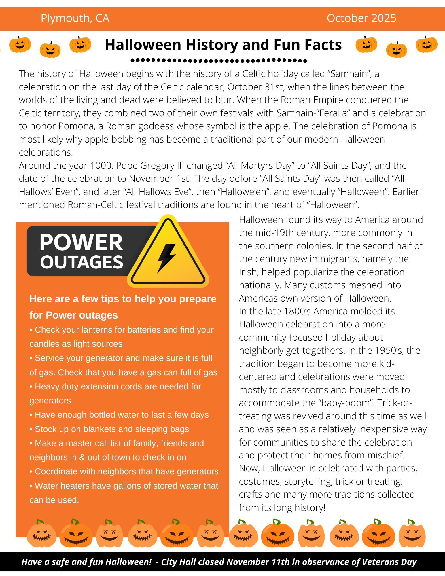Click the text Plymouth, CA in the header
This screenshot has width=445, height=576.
[x=75, y=18]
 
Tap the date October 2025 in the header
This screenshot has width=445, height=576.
[x=361, y=18]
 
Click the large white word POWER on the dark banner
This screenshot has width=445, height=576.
[x=81, y=242]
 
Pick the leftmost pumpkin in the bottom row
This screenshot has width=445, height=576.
[x=41, y=534]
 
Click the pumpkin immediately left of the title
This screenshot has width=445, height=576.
[x=80, y=45]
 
